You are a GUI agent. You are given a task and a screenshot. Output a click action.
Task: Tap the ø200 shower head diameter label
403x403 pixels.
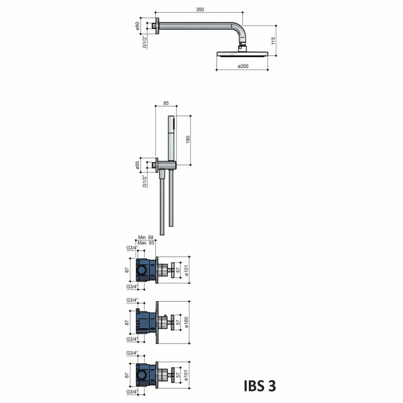[x=244, y=66]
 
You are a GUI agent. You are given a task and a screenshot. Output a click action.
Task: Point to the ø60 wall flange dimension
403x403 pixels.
[x=138, y=26]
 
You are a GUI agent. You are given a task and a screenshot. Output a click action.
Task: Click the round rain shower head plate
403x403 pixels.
[x=243, y=54]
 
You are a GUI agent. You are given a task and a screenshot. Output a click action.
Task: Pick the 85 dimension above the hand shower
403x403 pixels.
[x=166, y=103]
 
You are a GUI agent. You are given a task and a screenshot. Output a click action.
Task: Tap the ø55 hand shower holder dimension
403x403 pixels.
[x=138, y=164]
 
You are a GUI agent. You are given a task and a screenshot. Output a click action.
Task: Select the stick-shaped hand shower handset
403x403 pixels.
[x=171, y=139]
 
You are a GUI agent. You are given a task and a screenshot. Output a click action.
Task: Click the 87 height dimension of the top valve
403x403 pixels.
[x=127, y=270]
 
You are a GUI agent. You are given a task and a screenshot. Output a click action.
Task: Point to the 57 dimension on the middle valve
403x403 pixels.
[x=179, y=322]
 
